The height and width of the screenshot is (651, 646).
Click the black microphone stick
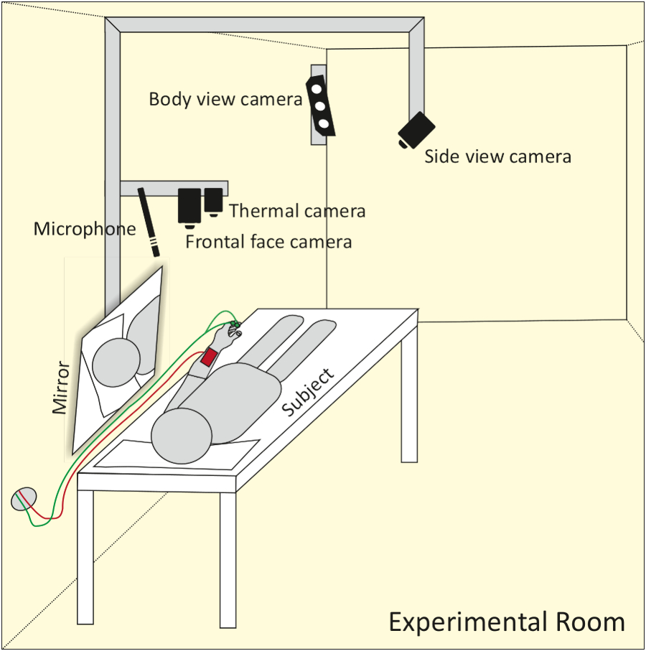coord(149,222)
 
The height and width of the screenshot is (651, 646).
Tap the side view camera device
coord(416,130)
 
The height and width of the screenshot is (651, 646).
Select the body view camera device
coord(321,106)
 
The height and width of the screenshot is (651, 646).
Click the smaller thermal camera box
coord(213,202)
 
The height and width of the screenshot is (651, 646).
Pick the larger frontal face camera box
coord(189,208)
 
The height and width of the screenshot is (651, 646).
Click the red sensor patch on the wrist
coord(210,357)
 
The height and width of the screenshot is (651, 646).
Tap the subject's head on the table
coord(182,436)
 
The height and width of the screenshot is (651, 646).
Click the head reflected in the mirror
coord(116,362)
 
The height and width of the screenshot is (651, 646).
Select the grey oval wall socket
coord(24,499)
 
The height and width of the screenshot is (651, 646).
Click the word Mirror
coord(60,387)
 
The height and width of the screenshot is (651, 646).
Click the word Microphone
coord(85,229)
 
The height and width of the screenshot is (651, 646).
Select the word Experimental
coord(467,623)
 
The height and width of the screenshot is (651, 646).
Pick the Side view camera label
coord(498,156)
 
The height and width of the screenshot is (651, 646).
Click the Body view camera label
coord(225,99)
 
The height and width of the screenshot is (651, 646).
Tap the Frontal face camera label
coord(268,242)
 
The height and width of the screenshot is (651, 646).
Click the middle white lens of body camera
coord(319,106)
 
